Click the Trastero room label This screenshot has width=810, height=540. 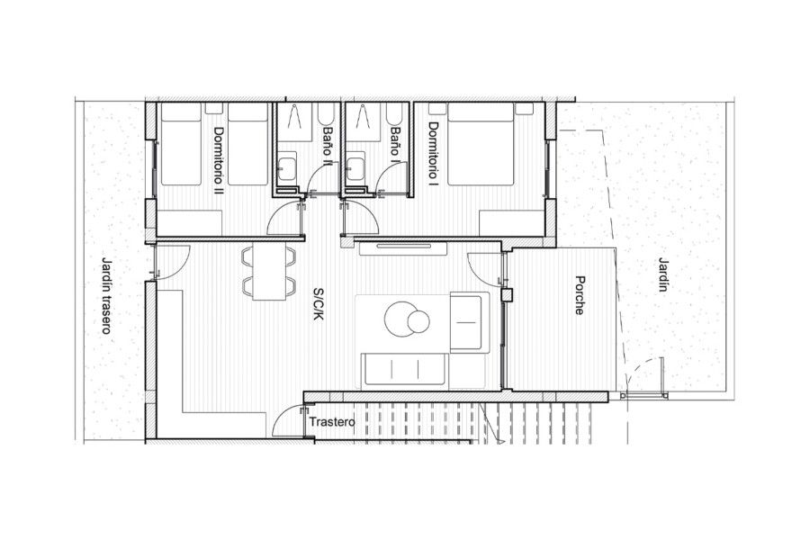(x=332, y=422)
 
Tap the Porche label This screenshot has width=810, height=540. (x=580, y=295)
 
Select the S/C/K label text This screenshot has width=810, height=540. (x=319, y=304)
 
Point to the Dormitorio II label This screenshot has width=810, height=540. (x=219, y=161)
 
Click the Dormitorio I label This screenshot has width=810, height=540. (x=433, y=153)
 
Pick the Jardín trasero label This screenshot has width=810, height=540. (x=106, y=295)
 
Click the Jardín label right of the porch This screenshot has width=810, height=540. (x=663, y=274)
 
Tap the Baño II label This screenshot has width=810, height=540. (x=328, y=146)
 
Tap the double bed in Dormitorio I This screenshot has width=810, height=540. (x=481, y=143)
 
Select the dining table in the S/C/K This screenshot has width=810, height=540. (x=269, y=272)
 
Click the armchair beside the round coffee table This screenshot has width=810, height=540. (x=470, y=322)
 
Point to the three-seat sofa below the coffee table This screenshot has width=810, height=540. (x=404, y=370)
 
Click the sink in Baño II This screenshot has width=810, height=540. (x=287, y=166)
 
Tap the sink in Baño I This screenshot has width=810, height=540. (x=355, y=166)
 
